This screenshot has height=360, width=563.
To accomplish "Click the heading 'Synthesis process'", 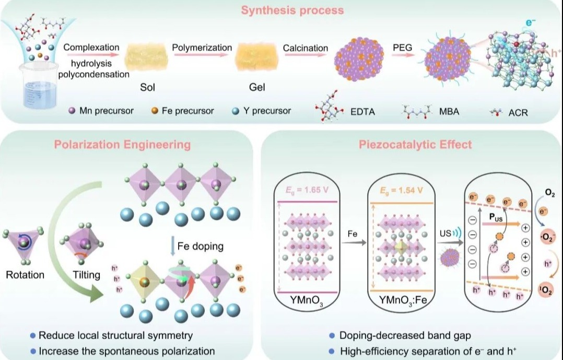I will (x=285, y=10).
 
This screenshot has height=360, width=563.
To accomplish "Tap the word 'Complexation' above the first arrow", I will (x=91, y=48).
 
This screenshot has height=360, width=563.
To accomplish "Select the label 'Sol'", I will (x=148, y=87).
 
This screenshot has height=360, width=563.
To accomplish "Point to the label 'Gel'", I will (x=257, y=87).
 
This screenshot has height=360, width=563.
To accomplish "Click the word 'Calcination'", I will (x=306, y=48).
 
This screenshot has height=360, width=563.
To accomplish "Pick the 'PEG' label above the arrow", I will (x=402, y=48).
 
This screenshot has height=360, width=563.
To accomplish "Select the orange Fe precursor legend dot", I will (x=154, y=111).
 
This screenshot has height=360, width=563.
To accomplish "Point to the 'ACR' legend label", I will (x=518, y=112).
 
